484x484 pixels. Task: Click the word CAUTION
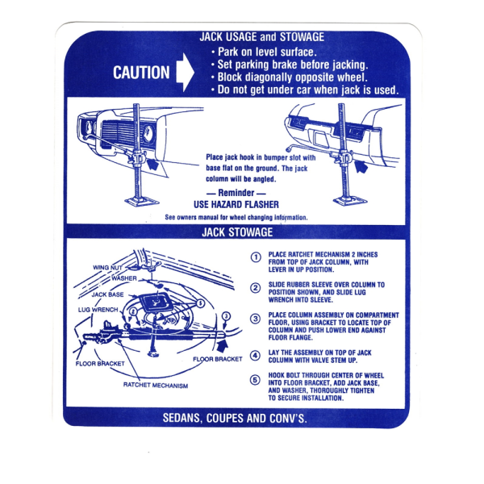point(141,73)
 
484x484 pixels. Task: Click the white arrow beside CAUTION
point(185,73)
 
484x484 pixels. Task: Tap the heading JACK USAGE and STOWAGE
point(262,37)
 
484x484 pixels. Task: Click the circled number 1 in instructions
point(256,257)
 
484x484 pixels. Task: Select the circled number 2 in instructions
point(256,288)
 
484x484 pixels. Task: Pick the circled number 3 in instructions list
point(256,319)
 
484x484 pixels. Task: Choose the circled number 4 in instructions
point(256,355)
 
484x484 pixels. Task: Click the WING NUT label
point(108,267)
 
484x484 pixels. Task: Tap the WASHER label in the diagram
point(124,278)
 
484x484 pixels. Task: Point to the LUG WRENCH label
point(98,309)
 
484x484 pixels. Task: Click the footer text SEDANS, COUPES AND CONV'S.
point(235,419)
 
